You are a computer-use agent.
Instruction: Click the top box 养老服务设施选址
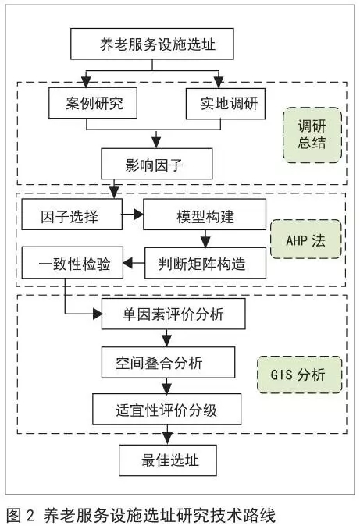pyautogui.click(x=152, y=44)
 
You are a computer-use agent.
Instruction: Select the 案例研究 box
pyautogui.click(x=93, y=103)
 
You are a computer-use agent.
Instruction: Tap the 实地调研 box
pyautogui.click(x=226, y=104)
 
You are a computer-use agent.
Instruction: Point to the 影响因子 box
pyautogui.click(x=157, y=164)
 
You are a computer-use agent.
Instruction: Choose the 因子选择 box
pyautogui.click(x=72, y=215)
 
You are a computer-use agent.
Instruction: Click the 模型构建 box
pyautogui.click(x=205, y=215)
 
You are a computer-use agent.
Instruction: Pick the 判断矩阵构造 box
pyautogui.click(x=205, y=263)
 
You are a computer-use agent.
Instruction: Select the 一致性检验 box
pyautogui.click(x=73, y=262)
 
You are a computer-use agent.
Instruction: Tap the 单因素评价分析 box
pyautogui.click(x=173, y=314)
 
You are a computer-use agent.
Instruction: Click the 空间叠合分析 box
pyautogui.click(x=168, y=362)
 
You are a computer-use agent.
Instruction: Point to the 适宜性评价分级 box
pyautogui.click(x=167, y=409)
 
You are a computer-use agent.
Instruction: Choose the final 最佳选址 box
pyautogui.click(x=167, y=460)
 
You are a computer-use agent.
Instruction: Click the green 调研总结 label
pyautogui.click(x=312, y=135)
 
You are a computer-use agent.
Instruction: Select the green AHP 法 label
pyautogui.click(x=306, y=240)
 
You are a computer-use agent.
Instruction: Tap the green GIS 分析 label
pyautogui.click(x=300, y=375)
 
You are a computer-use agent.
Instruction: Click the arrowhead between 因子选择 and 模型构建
pyautogui.click(x=138, y=215)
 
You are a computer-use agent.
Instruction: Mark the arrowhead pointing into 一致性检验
pyautogui.click(x=127, y=263)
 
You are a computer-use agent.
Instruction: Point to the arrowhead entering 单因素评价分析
pyautogui.click(x=98, y=314)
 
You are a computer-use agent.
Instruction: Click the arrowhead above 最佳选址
pyautogui.click(x=167, y=439)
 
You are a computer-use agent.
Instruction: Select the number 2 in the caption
pyautogui.click(x=30, y=516)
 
